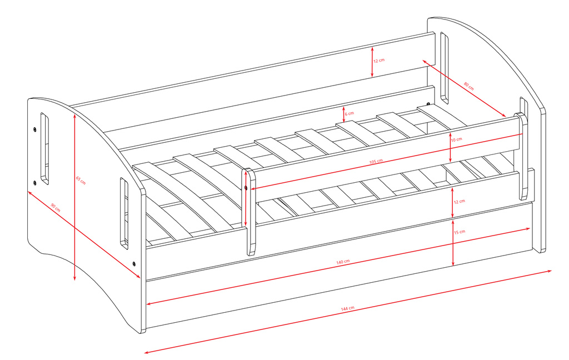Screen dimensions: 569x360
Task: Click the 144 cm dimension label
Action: coord(347,308)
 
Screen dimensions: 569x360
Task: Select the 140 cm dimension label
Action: coord(343,262)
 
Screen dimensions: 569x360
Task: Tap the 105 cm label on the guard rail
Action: coord(376,161)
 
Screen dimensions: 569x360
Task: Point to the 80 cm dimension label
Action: coord(468,86)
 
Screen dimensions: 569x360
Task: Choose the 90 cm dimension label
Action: coord(55,208)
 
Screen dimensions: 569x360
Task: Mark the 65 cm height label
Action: coord(81,181)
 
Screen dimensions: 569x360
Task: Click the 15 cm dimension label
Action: coord(460,232)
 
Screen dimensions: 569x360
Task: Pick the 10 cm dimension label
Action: coord(457,139)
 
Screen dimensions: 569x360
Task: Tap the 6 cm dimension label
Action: coord(349,113)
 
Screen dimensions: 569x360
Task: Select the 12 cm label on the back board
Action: coord(379,61)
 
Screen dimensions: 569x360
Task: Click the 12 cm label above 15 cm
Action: coord(459,202)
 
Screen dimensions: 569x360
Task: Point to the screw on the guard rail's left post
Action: coord(246,188)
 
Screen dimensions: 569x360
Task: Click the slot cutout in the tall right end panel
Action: coord(444,68)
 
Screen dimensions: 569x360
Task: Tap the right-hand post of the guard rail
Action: coord(522,156)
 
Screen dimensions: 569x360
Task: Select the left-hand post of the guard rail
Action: coord(249,212)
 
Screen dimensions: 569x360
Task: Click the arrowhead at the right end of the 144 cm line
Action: coord(548,271)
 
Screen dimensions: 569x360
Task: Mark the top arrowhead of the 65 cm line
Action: coord(74,117)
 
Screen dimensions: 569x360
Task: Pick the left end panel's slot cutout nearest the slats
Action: coord(124,213)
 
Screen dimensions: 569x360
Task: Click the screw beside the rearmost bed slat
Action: coord(428,104)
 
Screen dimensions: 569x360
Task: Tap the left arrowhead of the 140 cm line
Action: coord(149,304)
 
